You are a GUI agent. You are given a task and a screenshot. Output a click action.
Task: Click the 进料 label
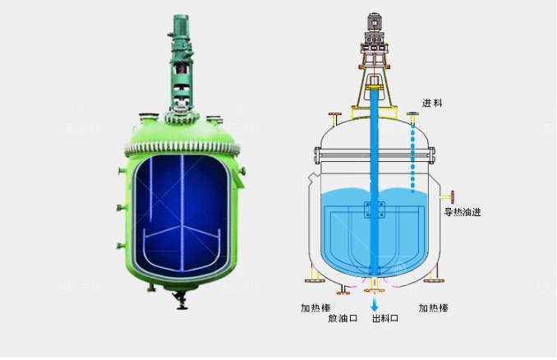tap(432, 103)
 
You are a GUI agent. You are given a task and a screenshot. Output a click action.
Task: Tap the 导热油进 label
tap(463, 212)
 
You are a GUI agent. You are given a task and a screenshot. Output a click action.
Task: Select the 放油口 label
tap(343, 318)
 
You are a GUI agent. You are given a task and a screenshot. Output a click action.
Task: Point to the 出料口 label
tap(385, 318)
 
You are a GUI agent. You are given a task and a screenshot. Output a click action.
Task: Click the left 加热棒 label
tap(315, 307)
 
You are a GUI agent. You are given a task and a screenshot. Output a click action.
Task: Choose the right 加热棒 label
tap(433, 307)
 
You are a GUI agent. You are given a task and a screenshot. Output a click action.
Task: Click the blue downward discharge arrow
tap(375, 305)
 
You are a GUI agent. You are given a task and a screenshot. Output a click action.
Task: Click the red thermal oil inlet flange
tap(453, 197)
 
